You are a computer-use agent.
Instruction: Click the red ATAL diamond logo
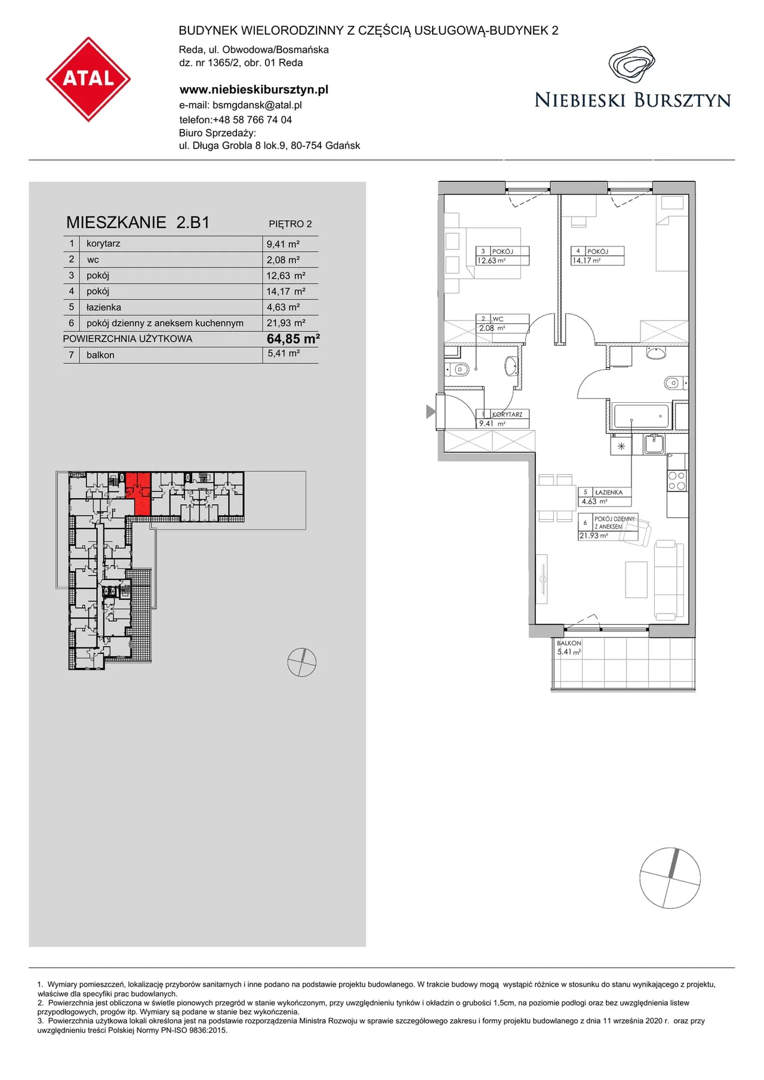(88, 79)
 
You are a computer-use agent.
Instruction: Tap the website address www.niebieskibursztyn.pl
(254, 90)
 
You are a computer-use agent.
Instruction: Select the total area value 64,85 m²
(293, 339)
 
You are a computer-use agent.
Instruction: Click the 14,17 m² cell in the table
(286, 291)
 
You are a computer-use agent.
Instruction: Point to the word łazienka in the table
(104, 307)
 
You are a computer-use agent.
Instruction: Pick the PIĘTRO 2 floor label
(290, 224)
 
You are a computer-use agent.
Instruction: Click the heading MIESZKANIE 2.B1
(138, 223)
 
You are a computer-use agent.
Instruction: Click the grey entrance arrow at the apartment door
(430, 411)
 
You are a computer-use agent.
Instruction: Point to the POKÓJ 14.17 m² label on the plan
(597, 256)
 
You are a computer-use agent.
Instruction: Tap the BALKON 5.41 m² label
(569, 647)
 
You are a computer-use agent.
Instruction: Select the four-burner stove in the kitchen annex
(676, 480)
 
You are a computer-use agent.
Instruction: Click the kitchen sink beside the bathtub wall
(654, 444)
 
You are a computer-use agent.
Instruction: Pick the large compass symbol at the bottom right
(670, 878)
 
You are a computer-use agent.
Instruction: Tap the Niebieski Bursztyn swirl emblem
(632, 64)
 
